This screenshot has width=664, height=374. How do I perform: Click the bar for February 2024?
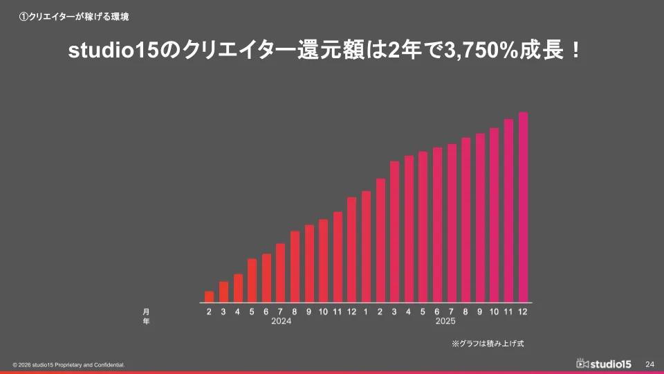(x=209, y=296)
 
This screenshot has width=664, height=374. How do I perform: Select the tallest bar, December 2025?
(x=523, y=207)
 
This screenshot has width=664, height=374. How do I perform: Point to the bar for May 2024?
(x=252, y=280)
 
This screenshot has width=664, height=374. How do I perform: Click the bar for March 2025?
(x=394, y=231)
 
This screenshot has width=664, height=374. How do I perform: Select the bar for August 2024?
(x=295, y=267)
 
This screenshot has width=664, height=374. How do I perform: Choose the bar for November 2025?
(x=508, y=211)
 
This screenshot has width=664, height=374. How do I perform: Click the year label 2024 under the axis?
(x=281, y=321)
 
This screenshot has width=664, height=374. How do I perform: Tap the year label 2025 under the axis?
(x=445, y=321)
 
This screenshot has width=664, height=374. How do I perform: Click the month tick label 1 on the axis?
(x=366, y=312)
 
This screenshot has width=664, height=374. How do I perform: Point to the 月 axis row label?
(x=146, y=312)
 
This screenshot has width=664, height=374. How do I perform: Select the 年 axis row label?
(x=146, y=321)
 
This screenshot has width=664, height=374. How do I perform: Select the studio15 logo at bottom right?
(x=603, y=364)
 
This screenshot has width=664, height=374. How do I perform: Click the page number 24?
(x=649, y=364)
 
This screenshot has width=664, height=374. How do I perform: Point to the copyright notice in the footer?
(x=68, y=364)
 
